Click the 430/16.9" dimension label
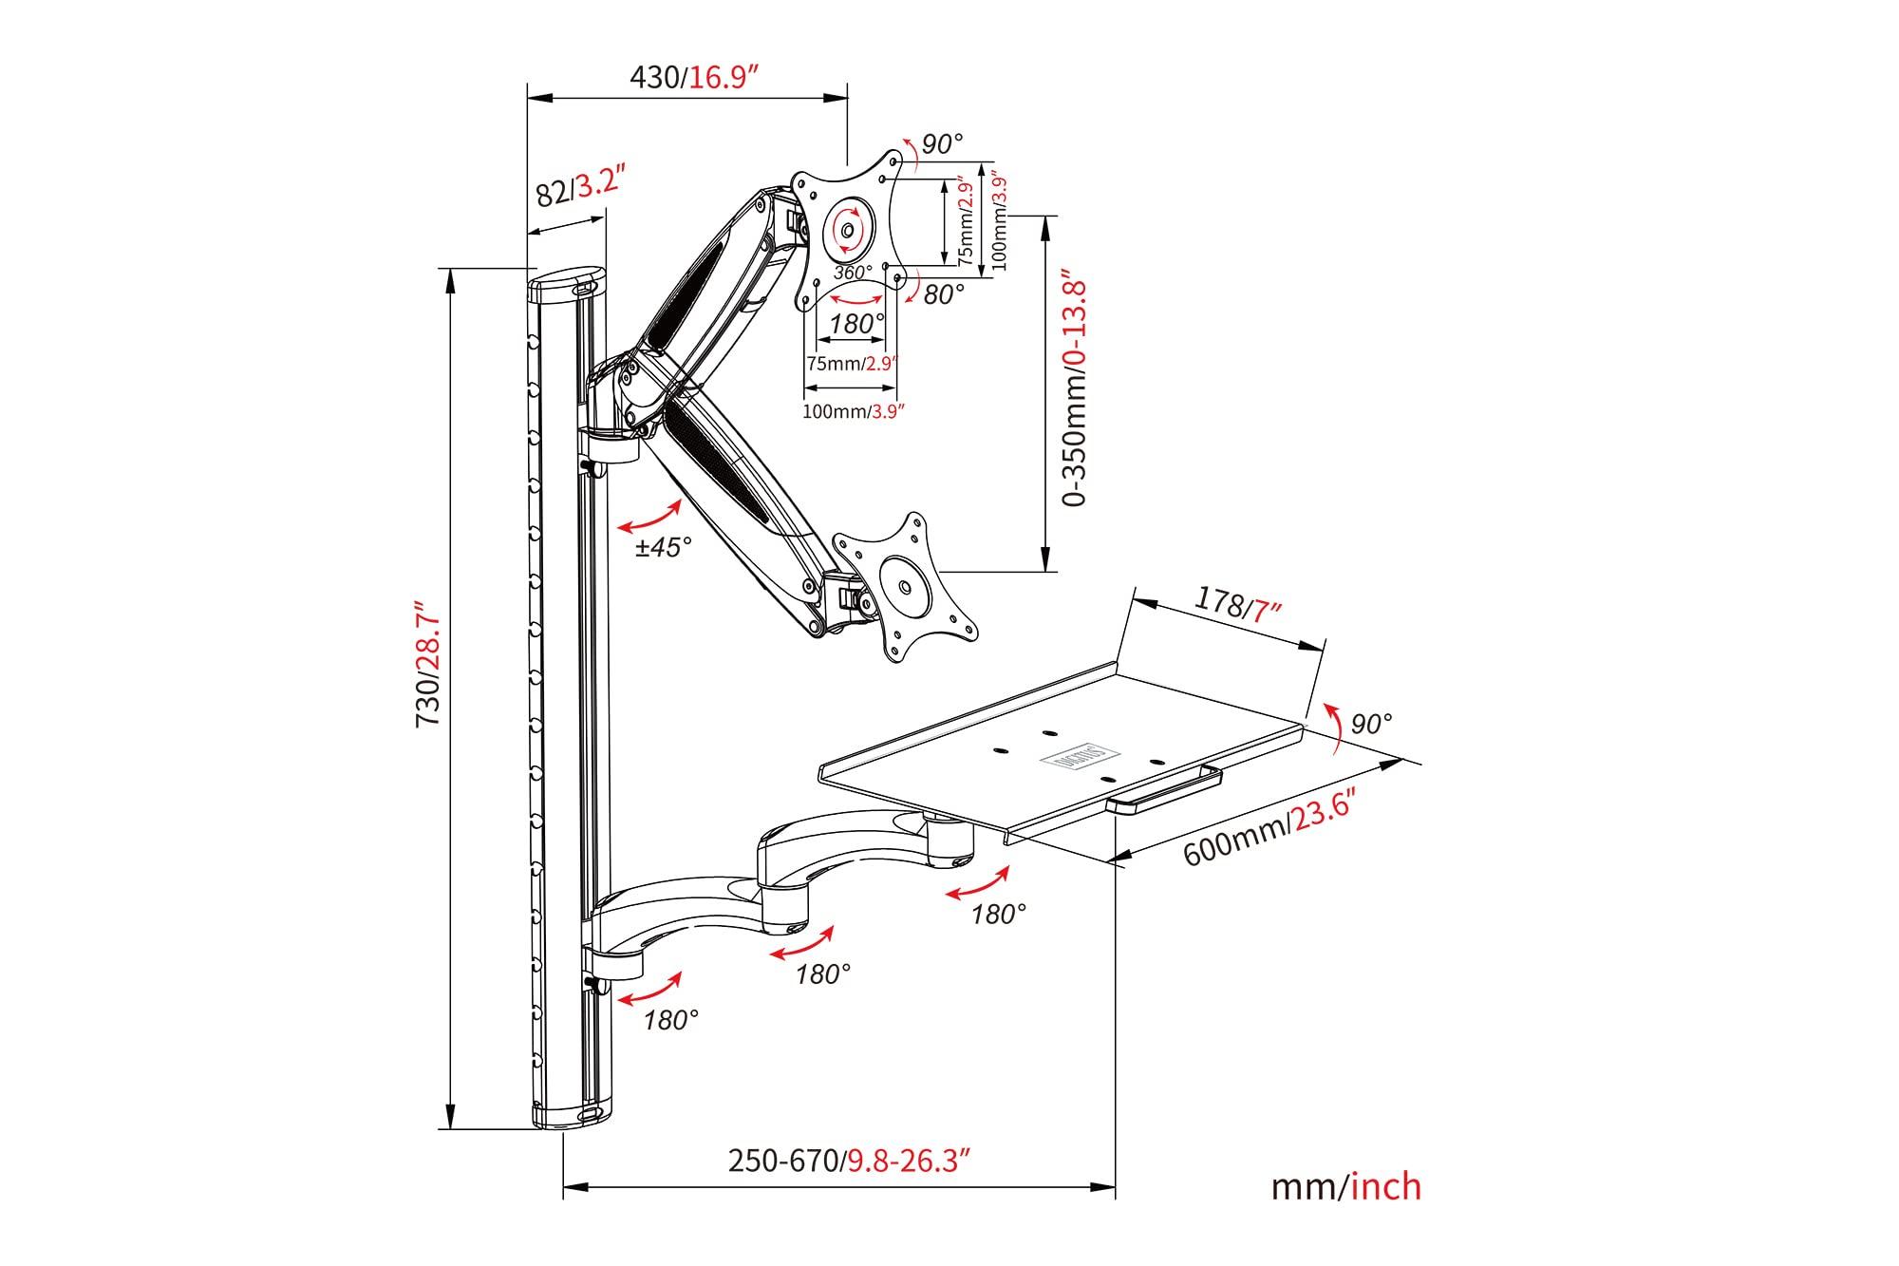pos(699,76)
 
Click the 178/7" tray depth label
pos(1237,604)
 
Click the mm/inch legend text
pos(1346,1186)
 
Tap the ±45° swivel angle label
pos(664,548)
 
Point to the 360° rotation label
pos(853,273)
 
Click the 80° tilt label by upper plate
pos(943,294)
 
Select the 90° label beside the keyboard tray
pos(1371,724)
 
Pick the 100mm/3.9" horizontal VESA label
pos(852,411)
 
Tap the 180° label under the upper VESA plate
pos(856,324)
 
